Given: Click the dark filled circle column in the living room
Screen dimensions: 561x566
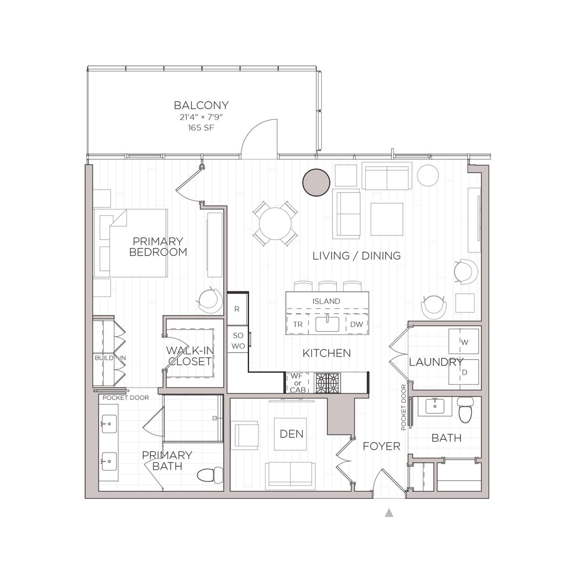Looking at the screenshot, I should (315, 182).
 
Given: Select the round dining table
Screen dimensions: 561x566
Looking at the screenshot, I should (275, 223).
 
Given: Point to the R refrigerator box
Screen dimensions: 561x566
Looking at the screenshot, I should (237, 309).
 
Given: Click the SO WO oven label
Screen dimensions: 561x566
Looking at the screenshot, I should (237, 340).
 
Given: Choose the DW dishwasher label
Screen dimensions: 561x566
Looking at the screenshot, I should (357, 325).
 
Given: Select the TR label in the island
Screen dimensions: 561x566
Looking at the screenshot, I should (298, 325).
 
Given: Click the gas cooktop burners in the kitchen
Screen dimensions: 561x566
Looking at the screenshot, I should (328, 382).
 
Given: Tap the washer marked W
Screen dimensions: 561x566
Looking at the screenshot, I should (464, 343).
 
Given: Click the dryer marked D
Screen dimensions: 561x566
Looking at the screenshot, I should (464, 373).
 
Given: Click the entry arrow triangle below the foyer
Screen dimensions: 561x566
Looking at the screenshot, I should (389, 512).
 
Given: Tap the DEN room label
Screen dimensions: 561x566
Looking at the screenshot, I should (291, 434).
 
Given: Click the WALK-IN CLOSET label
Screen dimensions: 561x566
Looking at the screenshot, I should (188, 356).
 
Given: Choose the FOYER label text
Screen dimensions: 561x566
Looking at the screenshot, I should (381, 446).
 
